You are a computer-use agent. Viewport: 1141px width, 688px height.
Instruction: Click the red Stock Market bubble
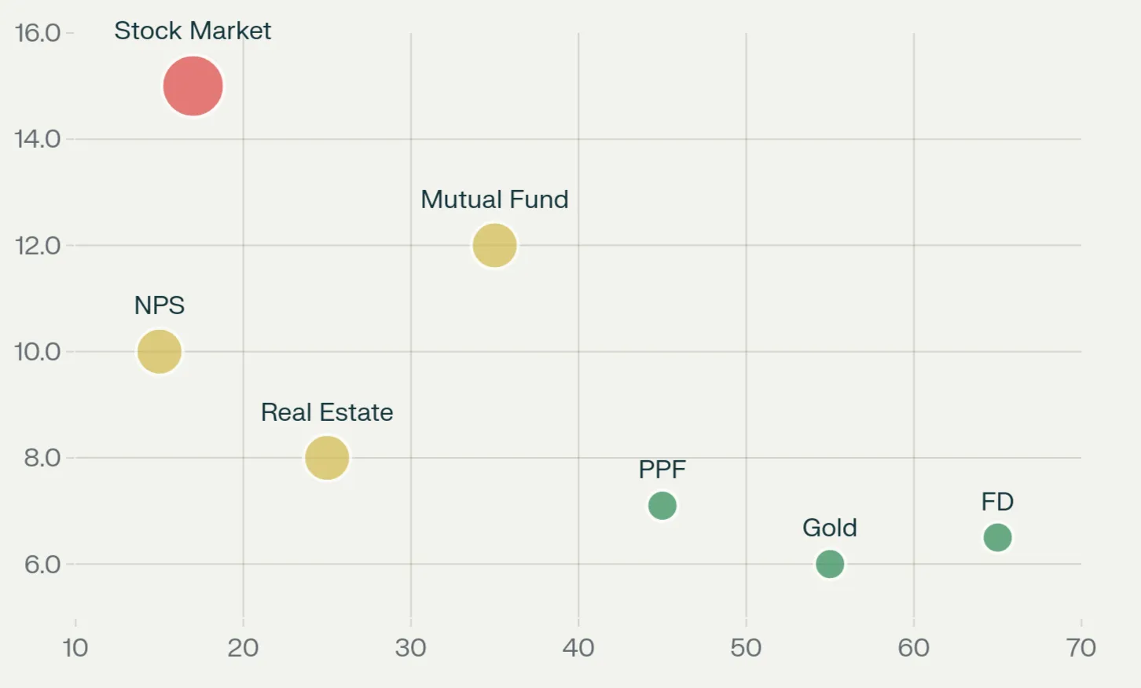coord(193,86)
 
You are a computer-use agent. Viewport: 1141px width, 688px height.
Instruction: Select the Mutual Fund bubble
coord(494,245)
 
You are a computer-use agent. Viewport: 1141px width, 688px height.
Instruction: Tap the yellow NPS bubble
coord(160,351)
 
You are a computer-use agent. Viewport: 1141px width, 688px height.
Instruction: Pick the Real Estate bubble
coord(327,457)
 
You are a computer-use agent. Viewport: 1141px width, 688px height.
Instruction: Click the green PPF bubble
coord(662,505)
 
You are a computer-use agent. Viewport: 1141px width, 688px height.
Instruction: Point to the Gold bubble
coord(830,563)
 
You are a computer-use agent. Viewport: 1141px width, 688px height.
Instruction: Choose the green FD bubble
coord(997,537)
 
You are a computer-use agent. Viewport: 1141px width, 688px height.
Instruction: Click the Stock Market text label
coord(193,31)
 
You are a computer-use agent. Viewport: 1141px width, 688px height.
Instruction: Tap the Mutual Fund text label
coord(494,199)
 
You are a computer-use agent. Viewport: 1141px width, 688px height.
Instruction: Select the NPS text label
coord(160,305)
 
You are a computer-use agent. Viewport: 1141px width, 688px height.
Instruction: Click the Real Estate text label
coord(327,412)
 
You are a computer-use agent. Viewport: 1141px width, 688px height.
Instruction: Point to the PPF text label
coord(662,470)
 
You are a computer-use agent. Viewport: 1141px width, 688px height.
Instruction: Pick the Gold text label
coord(830,528)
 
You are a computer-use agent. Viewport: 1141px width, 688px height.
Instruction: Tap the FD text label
coord(997,502)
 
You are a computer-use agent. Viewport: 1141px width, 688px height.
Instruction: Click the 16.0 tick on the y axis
coord(38,33)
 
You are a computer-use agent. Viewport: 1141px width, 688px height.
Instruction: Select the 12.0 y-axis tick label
coord(38,246)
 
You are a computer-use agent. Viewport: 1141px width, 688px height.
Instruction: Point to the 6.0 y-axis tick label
coord(42,564)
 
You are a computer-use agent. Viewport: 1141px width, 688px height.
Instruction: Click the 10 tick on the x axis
coord(75,648)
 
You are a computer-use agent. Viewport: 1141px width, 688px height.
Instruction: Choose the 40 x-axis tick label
coord(578,648)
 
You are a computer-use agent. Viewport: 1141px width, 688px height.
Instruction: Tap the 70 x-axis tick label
coord(1081,648)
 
